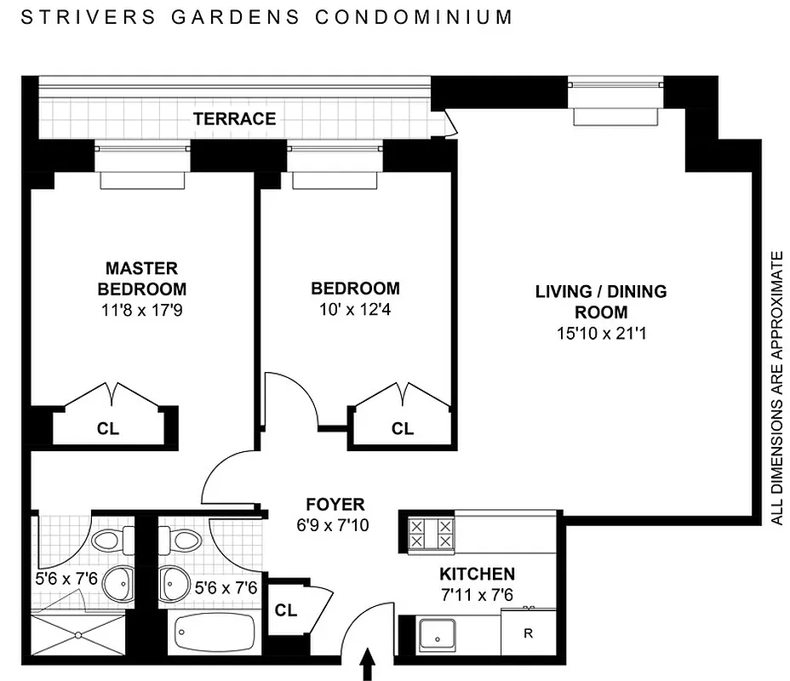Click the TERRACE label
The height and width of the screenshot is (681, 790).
[234, 119]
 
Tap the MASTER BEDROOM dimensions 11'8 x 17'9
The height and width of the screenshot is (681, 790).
[141, 311]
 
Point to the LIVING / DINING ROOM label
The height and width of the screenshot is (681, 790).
[600, 301]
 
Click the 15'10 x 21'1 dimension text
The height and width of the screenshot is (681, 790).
[600, 335]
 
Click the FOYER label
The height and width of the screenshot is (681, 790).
[335, 504]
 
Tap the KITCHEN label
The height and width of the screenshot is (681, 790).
[477, 574]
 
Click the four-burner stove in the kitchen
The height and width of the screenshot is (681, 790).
[432, 535]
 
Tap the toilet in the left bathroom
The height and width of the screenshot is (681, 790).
[109, 539]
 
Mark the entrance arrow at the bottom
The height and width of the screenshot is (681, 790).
[369, 665]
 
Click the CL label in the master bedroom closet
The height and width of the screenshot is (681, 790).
[108, 429]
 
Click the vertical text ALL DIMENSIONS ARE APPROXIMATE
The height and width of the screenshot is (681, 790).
[776, 387]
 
